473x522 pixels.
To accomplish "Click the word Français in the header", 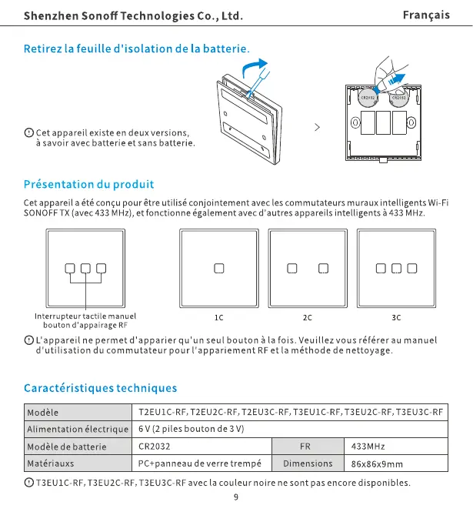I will pos(426,15).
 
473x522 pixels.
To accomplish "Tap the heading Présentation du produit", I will pos(88,184).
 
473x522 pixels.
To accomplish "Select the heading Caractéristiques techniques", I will pos(100,387).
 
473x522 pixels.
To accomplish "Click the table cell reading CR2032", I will pos(154,446).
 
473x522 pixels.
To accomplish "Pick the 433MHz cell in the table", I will pos(368,446).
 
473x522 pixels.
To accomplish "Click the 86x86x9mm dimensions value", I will pos(377,464).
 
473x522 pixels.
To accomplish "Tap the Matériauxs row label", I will pos(51,464).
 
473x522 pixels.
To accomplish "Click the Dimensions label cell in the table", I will pos(308,463).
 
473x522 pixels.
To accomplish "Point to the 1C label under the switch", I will pos(219,317).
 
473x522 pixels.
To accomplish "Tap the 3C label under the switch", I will pos(396,317).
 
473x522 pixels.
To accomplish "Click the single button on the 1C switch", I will pos(219,268).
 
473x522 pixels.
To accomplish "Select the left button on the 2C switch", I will pos(292,268).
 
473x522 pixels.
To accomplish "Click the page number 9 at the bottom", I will pos(236,497).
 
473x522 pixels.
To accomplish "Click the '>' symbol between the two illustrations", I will pos(317,127).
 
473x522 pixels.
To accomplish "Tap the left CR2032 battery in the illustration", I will pos(368,98).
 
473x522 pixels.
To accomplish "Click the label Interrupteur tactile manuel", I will pos(85,316).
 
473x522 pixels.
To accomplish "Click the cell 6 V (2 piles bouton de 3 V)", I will pos(191,428).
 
